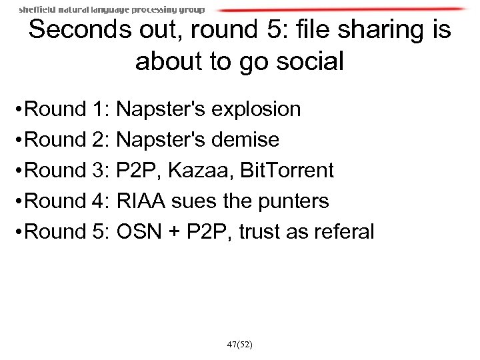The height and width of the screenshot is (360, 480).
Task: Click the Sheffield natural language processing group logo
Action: [112, 10]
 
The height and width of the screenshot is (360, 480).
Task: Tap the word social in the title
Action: [306, 63]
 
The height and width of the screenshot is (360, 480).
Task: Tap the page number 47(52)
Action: [240, 345]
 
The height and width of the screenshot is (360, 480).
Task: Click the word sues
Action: [205, 201]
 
